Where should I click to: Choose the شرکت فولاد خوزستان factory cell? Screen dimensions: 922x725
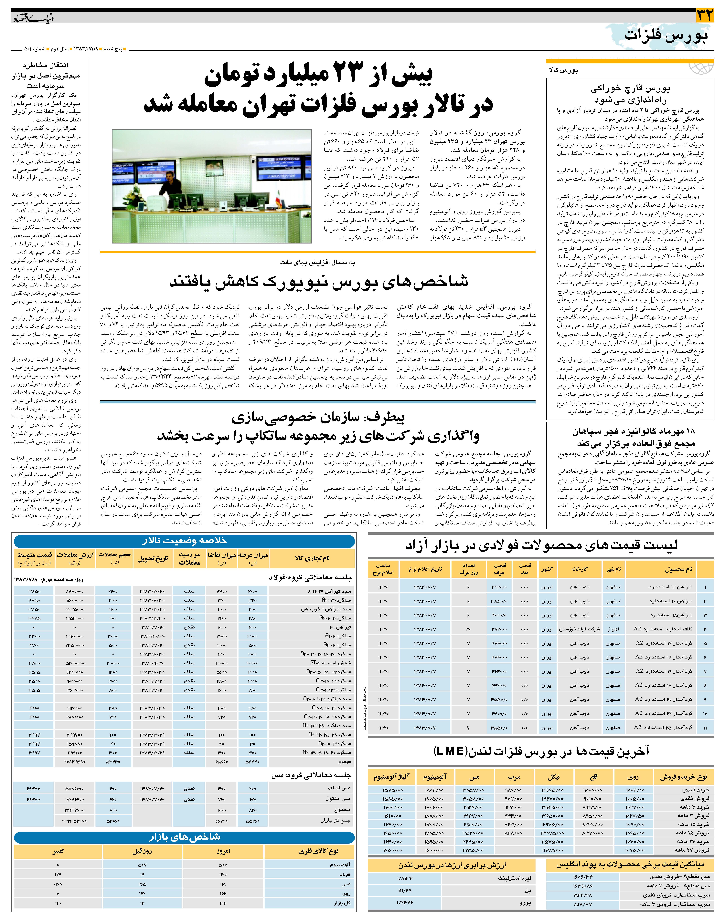[579, 629]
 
